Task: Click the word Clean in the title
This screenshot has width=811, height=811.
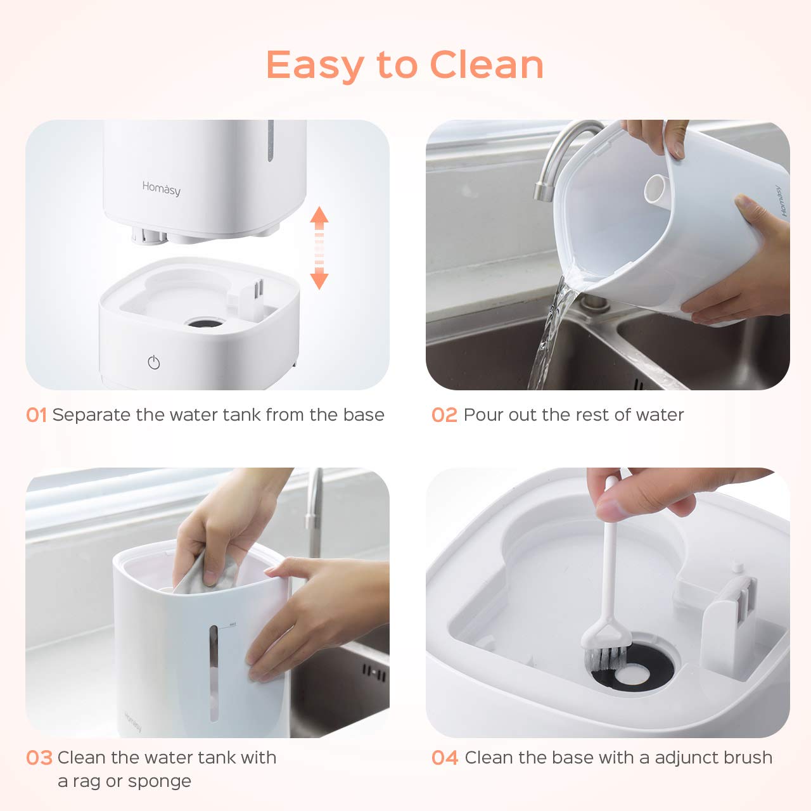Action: [x=487, y=65]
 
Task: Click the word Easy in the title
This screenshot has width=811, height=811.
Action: [x=315, y=66]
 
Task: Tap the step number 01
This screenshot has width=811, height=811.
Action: [x=36, y=416]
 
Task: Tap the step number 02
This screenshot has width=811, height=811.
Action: [x=444, y=416]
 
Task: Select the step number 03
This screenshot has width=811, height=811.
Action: [x=39, y=758]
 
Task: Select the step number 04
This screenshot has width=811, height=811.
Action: [x=445, y=758]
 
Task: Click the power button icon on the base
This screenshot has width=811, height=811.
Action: [x=153, y=362]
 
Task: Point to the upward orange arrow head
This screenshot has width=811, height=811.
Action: [x=319, y=217]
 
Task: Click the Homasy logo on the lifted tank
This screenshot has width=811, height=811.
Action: [x=161, y=188]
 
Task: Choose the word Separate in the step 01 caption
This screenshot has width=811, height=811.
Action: [x=91, y=416]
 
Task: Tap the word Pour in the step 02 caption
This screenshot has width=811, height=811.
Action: [x=482, y=416]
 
